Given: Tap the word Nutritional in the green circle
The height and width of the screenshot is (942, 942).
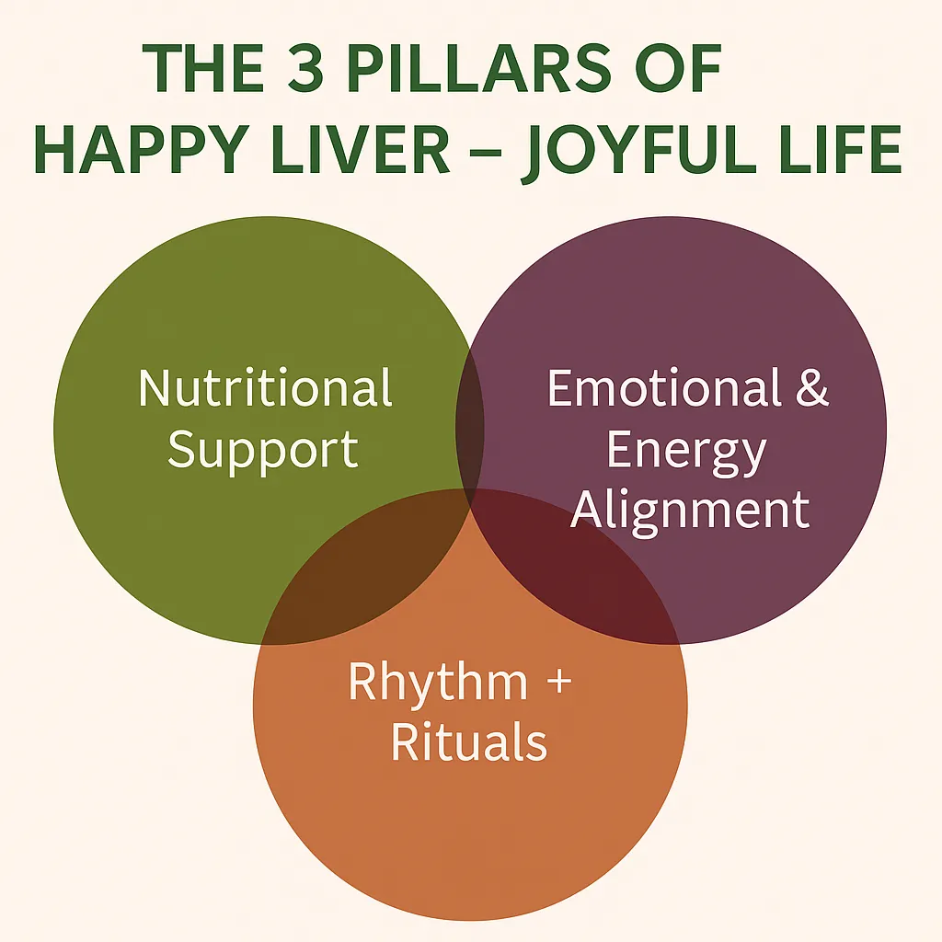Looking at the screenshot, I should tap(266, 388).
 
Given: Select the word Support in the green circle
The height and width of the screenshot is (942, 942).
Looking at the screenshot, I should tap(263, 450).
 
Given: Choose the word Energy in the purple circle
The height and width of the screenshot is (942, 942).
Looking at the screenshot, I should tap(686, 450).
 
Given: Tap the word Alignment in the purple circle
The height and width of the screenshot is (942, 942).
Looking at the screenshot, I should tap(690, 511).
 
